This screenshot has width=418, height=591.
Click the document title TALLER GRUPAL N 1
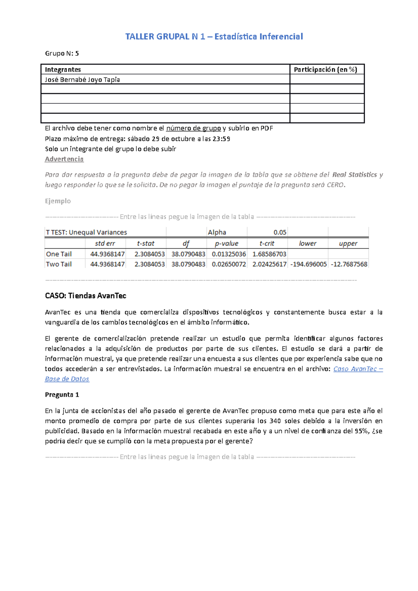click(x=214, y=37)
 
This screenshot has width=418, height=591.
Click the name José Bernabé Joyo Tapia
click(x=82, y=80)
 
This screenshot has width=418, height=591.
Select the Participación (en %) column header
click(x=325, y=70)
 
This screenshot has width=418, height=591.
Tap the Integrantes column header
click(x=63, y=70)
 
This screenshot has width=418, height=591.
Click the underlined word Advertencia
click(x=64, y=159)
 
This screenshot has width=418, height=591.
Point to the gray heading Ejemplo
click(x=58, y=201)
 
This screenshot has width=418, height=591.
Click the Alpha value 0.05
click(x=280, y=233)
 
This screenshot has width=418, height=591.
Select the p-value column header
click(x=226, y=244)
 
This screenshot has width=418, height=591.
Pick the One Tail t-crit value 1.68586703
click(x=269, y=254)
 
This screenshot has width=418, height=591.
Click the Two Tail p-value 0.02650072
click(x=229, y=264)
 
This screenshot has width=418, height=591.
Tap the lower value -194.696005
click(x=308, y=264)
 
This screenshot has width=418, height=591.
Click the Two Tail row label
click(x=59, y=264)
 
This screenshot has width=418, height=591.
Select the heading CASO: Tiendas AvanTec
click(x=85, y=296)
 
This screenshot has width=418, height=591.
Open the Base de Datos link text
click(x=67, y=379)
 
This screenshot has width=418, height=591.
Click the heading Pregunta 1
click(x=62, y=395)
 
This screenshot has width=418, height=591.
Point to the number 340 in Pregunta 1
click(x=275, y=421)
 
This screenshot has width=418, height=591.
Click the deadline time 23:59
click(x=221, y=139)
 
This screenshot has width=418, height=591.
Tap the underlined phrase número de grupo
click(x=193, y=128)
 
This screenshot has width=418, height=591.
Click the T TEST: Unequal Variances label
click(x=86, y=233)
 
